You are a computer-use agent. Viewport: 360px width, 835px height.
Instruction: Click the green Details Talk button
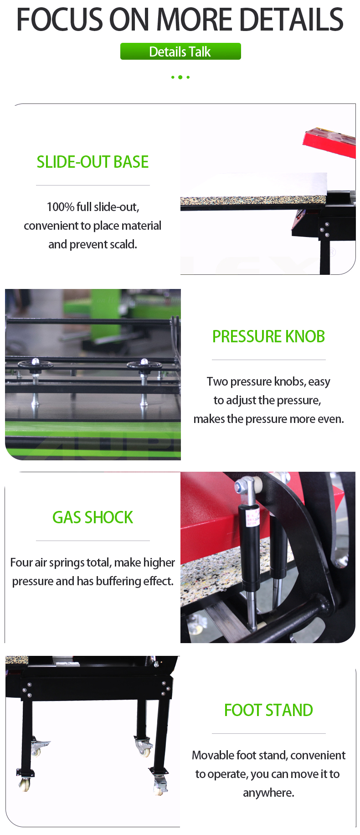(180, 52)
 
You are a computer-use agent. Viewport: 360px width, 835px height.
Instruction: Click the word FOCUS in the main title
(60, 20)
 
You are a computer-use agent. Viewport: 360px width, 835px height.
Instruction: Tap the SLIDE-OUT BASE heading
(93, 162)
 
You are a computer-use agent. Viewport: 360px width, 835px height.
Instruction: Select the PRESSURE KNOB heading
(269, 336)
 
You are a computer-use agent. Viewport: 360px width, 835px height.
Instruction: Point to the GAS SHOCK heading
(93, 517)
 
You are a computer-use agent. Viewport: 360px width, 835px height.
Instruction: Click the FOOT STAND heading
(269, 710)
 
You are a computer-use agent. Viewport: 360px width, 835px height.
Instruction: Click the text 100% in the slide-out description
(61, 207)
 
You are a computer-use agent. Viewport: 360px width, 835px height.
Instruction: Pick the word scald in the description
(123, 244)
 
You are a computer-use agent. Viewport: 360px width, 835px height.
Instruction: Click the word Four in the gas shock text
(21, 562)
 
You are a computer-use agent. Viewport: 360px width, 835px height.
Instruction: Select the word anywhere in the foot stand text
(269, 793)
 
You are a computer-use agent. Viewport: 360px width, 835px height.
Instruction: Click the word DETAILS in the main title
(291, 20)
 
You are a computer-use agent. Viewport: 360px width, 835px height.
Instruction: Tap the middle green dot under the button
(180, 77)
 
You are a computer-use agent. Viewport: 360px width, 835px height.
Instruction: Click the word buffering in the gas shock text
(117, 581)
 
